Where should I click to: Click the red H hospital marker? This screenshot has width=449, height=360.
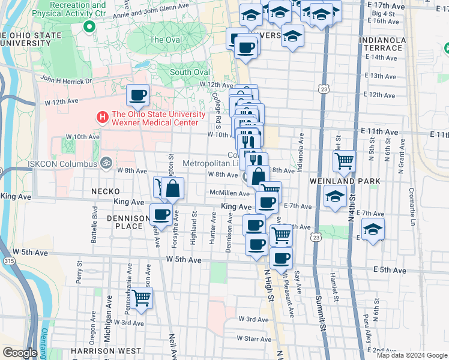[x=103, y=116]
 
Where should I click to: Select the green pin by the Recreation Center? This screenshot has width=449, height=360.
[x=89, y=26]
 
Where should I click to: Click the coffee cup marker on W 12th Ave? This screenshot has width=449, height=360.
[x=137, y=94]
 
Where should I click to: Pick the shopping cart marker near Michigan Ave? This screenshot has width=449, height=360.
[x=142, y=297]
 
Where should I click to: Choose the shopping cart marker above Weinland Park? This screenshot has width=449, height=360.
[x=344, y=160]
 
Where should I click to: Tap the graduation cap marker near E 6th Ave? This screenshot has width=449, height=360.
[x=373, y=229]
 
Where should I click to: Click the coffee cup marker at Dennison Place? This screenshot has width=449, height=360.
[x=160, y=214]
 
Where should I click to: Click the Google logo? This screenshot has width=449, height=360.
[x=20, y=353]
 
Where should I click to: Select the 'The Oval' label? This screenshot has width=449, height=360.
[x=164, y=40]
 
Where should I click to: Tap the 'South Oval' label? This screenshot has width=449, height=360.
[x=189, y=73]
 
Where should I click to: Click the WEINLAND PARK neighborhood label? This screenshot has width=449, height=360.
[x=345, y=181]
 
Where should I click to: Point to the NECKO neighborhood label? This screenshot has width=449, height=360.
[x=106, y=191]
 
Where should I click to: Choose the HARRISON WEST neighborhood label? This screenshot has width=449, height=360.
[x=105, y=350]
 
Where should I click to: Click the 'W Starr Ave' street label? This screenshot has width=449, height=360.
[x=255, y=338]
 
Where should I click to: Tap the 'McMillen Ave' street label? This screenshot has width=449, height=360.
[x=229, y=193]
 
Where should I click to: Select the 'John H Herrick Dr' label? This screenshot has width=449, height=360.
[x=67, y=80]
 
